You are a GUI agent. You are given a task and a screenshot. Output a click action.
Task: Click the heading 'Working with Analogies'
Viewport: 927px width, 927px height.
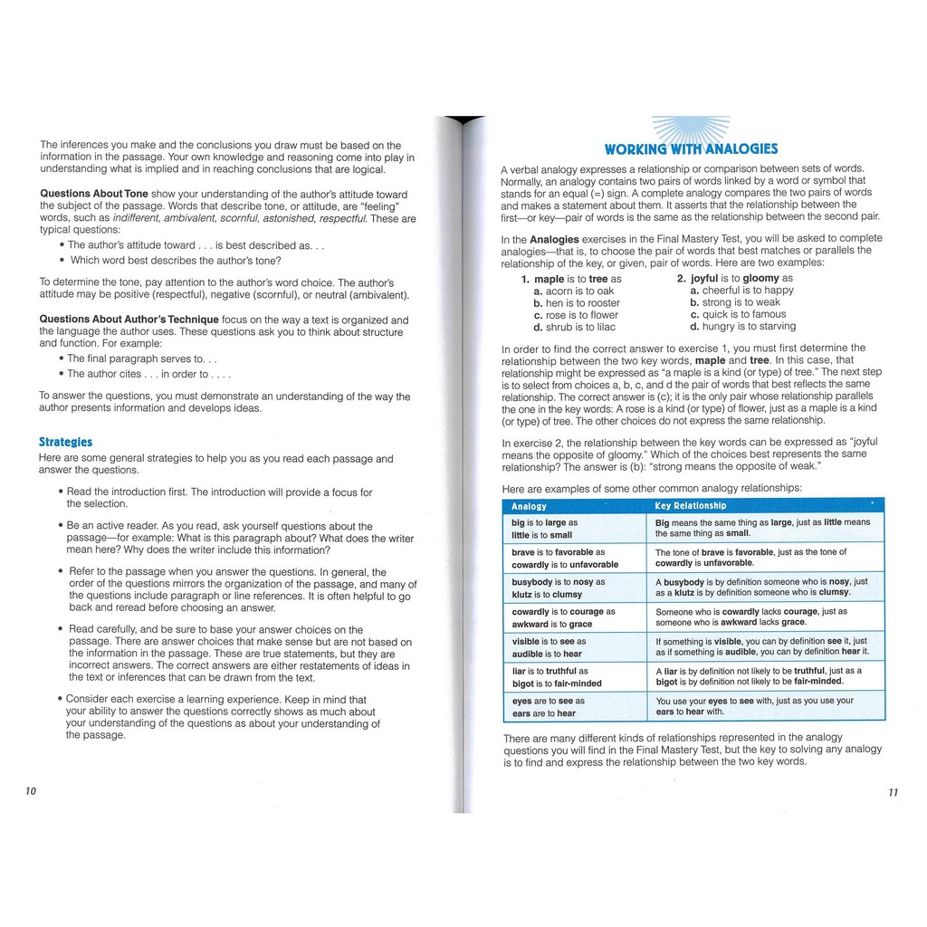691,149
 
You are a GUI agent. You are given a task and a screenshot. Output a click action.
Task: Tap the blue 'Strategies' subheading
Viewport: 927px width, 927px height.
65,442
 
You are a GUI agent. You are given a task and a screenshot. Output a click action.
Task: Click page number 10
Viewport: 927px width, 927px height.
31,791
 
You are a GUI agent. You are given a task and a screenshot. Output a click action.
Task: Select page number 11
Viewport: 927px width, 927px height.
894,792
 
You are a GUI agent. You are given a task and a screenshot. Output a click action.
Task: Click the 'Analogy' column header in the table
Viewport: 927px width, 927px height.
530,506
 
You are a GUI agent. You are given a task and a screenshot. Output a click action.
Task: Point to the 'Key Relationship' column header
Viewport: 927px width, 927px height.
691,506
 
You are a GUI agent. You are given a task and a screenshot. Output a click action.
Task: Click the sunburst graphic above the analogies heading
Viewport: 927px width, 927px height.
691,129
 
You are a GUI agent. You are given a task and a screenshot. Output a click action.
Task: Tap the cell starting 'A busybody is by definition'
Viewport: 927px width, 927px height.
768,587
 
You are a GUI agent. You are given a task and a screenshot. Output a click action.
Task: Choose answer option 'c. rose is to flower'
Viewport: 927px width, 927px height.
576,315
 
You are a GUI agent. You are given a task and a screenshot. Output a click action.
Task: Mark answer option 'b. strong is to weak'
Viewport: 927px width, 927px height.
735,302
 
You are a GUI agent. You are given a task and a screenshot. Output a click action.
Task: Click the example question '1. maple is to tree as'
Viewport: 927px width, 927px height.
571,279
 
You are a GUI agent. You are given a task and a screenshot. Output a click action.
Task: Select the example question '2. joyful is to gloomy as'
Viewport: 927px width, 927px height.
734,279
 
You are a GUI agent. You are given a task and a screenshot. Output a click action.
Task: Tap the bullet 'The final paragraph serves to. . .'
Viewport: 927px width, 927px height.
138,358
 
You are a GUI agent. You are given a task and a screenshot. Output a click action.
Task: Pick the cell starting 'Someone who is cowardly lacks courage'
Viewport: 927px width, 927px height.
768,616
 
